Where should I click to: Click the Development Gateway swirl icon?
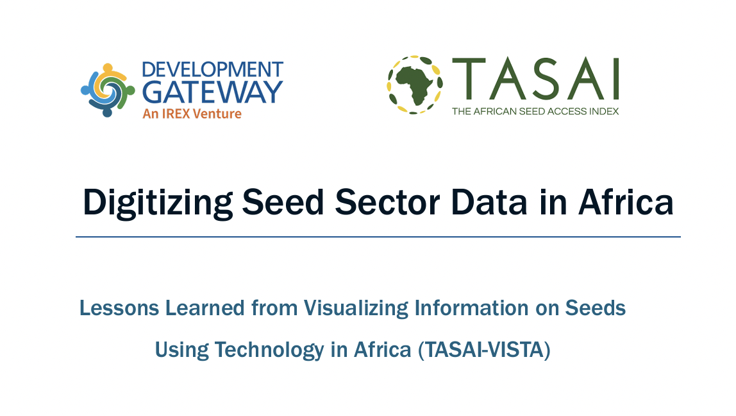pos(107,90)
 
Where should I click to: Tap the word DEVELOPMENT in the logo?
pos(212,69)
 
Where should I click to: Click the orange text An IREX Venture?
pos(192,114)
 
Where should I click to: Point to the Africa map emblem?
pos(414,85)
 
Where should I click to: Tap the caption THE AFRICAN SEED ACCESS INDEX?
pos(535,111)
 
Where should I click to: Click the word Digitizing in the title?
pos(158,202)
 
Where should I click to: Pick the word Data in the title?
pos(490,202)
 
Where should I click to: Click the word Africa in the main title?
pos(626,202)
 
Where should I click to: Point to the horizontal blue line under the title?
pos(378,237)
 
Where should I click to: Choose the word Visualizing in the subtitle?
pos(356,308)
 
